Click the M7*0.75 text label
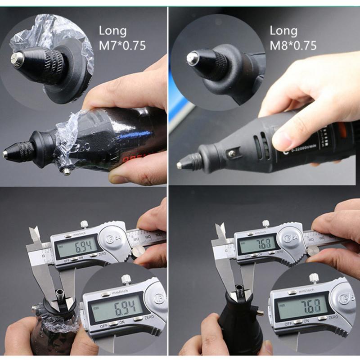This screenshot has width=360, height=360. [122, 45]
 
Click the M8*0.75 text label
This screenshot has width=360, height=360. [293, 45]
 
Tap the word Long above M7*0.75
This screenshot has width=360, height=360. [113, 31]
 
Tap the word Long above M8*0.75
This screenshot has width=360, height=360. [283, 31]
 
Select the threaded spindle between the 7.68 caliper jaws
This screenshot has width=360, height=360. [240, 292]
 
